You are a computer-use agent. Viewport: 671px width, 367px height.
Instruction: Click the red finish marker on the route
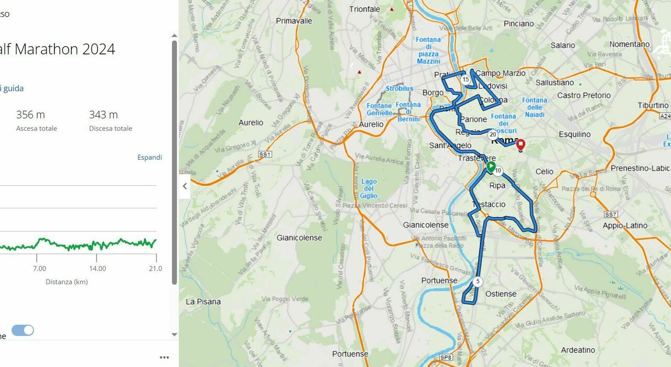pyautogui.click(x=521, y=144)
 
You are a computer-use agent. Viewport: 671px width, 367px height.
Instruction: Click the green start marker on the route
pyautogui.click(x=491, y=167)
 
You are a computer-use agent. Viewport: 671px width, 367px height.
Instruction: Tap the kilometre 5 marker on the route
pyautogui.click(x=478, y=282)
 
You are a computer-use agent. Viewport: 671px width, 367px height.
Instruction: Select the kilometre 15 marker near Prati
pyautogui.click(x=466, y=80)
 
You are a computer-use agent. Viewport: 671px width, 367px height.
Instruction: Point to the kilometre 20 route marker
pyautogui.click(x=493, y=135)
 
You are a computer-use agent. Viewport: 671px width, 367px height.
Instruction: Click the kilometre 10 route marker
pyautogui.click(x=498, y=171)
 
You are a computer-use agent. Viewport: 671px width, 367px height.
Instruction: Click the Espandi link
pyautogui.click(x=149, y=157)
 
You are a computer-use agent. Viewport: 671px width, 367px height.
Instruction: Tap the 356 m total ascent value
pyautogui.click(x=30, y=115)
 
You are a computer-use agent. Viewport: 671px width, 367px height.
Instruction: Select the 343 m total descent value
pyautogui.click(x=103, y=115)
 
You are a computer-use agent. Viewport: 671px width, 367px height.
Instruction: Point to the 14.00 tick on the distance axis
pyautogui.click(x=98, y=269)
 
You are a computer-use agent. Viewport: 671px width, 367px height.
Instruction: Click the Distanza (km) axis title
pyautogui.click(x=67, y=282)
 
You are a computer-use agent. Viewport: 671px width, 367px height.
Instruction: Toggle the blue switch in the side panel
pyautogui.click(x=23, y=330)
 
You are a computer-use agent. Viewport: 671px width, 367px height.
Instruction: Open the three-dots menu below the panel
pyautogui.click(x=164, y=358)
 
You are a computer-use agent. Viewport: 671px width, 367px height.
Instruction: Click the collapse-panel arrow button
pyautogui.click(x=185, y=186)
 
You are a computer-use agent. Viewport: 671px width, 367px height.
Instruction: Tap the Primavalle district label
pyautogui.click(x=294, y=21)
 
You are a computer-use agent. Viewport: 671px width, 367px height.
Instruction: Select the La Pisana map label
pyautogui.click(x=203, y=302)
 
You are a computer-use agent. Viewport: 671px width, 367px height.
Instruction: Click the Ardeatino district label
pyautogui.click(x=578, y=350)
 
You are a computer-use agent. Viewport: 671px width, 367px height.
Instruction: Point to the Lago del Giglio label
pyautogui.click(x=369, y=188)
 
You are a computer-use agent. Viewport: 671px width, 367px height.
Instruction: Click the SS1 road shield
pyautogui.click(x=265, y=154)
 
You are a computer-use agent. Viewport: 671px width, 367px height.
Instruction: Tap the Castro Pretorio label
pyautogui.click(x=584, y=95)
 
